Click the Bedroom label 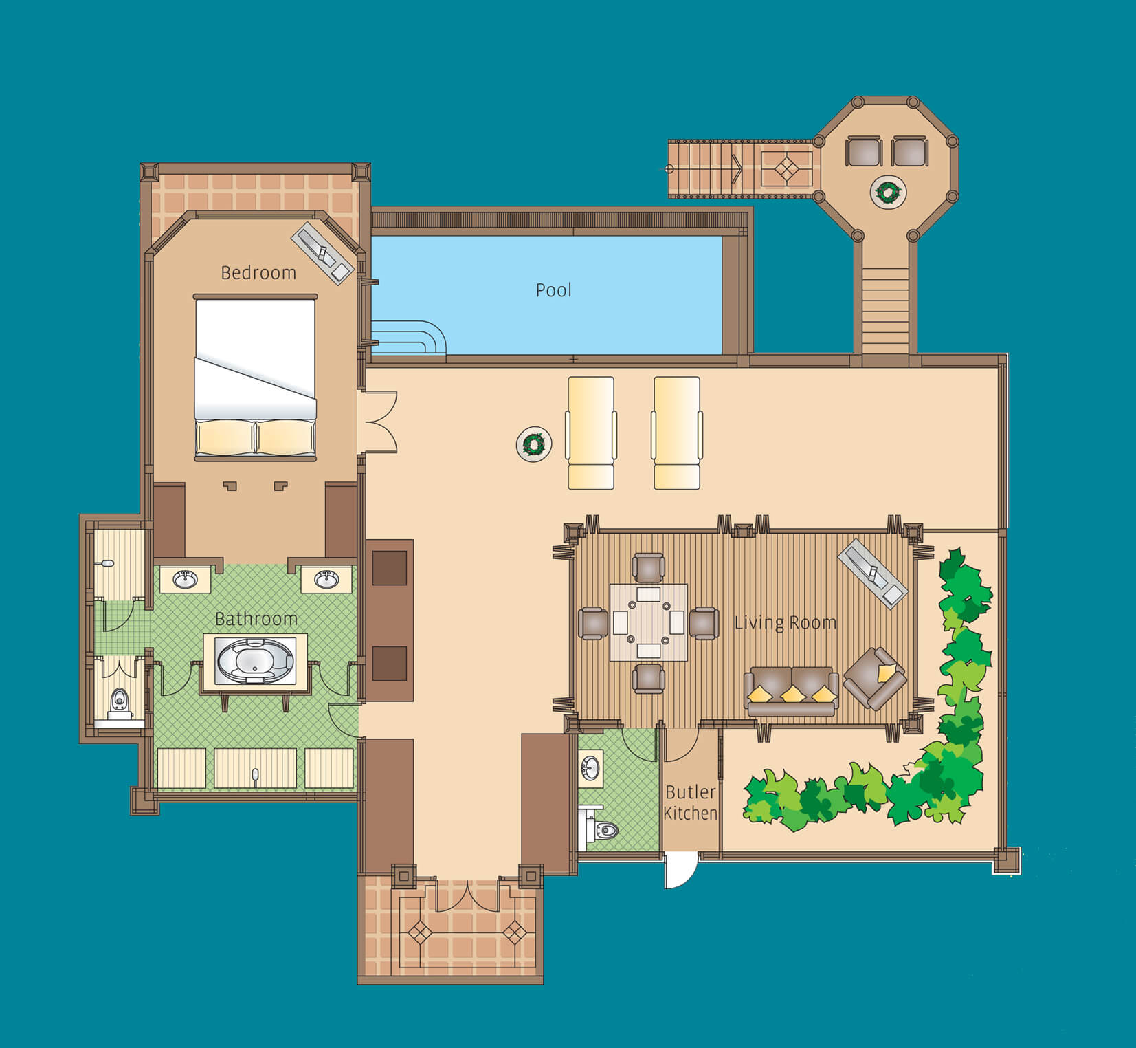click(x=258, y=273)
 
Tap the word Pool click(x=553, y=290)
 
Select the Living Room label click(x=786, y=623)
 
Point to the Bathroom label click(x=256, y=619)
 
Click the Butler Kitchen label click(x=691, y=803)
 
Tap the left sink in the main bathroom click(x=185, y=579)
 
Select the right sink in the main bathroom click(x=326, y=579)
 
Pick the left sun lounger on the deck click(x=590, y=433)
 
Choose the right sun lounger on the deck click(x=677, y=433)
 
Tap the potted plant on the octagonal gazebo click(x=888, y=192)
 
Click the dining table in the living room click(x=648, y=622)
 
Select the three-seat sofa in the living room click(x=792, y=690)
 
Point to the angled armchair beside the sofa click(x=875, y=678)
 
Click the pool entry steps click(x=408, y=338)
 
